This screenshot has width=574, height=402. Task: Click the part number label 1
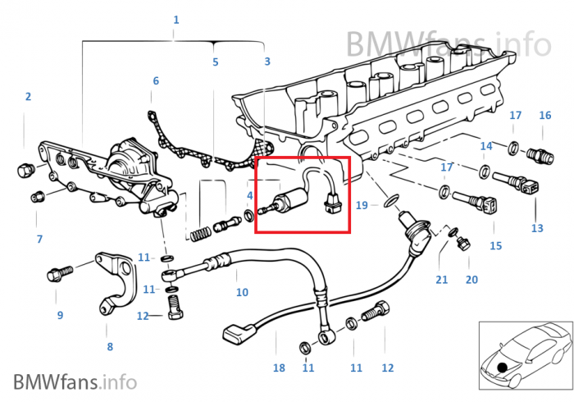[x=175, y=19]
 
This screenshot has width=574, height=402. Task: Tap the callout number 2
[x=28, y=96]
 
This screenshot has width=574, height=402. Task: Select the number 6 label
[x=156, y=80]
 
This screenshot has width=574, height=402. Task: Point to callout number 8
[x=110, y=346]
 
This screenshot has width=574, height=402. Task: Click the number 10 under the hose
[x=242, y=292]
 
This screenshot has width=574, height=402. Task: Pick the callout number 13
[x=537, y=227]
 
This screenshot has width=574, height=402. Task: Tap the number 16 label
[x=545, y=116]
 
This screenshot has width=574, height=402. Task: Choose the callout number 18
[x=279, y=368]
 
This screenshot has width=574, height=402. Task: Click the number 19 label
[x=362, y=204]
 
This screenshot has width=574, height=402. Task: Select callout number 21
[x=442, y=280]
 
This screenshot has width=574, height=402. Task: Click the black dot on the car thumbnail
[x=502, y=366]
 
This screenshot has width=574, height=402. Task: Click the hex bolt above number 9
[x=60, y=271]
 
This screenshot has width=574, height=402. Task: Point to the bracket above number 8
[x=114, y=279]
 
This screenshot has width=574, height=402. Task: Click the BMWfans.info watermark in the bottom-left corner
[x=75, y=381]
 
